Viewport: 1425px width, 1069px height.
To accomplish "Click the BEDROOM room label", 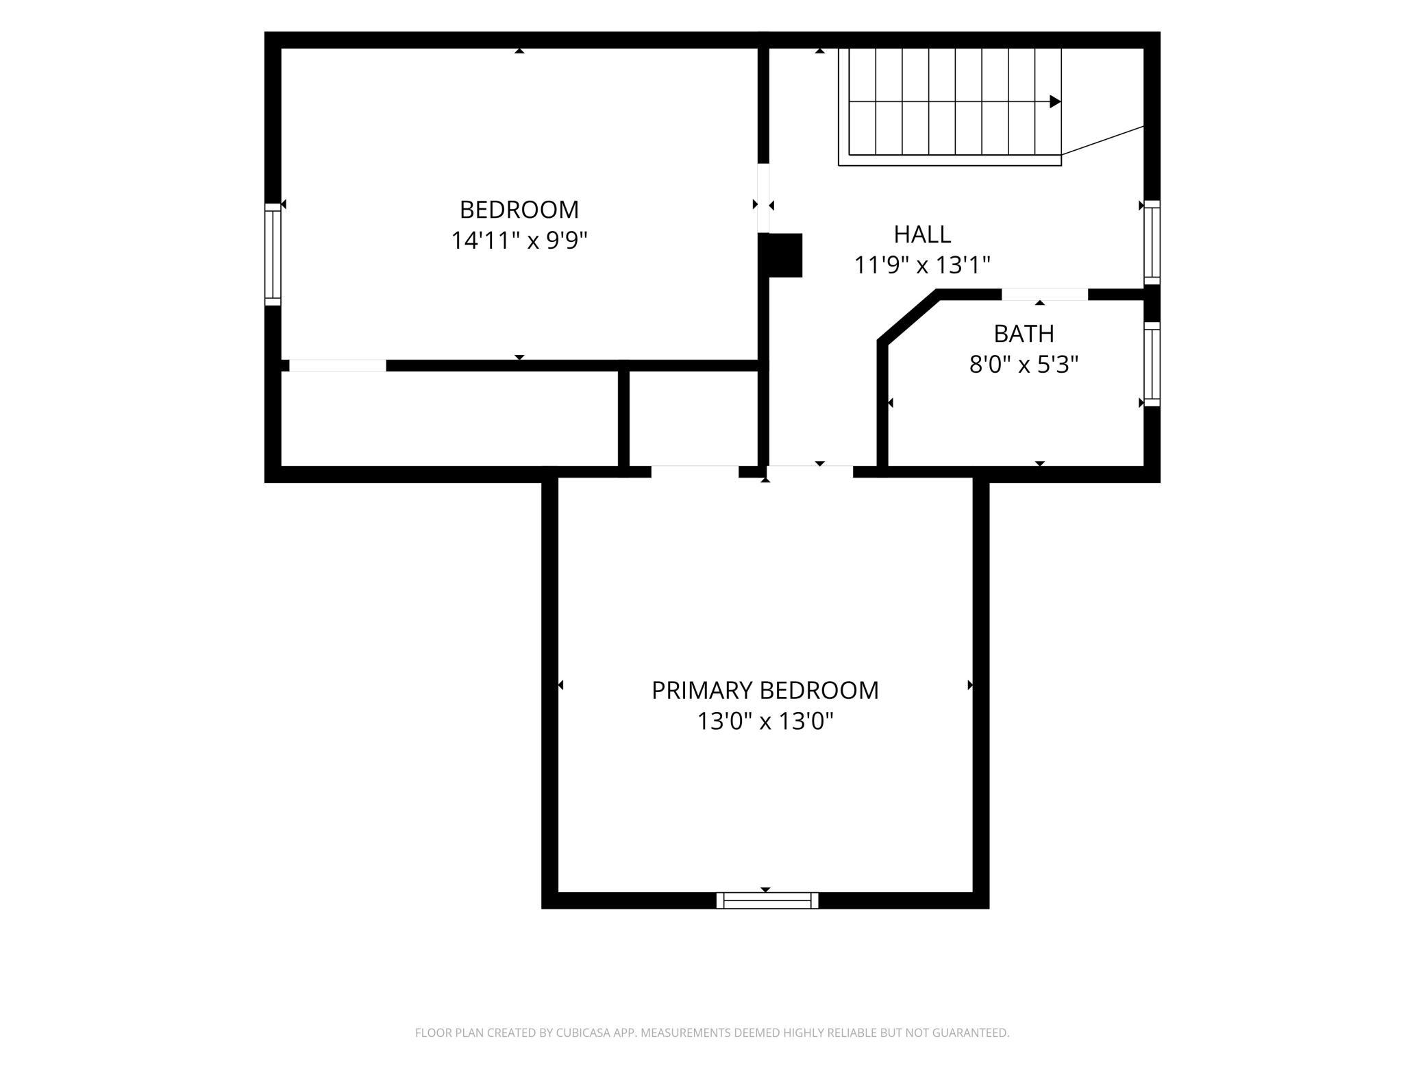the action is coord(519,209).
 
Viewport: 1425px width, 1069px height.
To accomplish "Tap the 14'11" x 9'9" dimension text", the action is coord(519,241).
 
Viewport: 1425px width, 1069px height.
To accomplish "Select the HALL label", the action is coord(922,234).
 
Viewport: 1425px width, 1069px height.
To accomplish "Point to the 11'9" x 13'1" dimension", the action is coord(922,265).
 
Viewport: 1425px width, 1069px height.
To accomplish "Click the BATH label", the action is coord(1024,334).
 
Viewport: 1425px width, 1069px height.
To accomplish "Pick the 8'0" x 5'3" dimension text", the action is coord(1024,365).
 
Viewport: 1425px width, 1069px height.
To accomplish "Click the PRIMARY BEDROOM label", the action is coord(765,690).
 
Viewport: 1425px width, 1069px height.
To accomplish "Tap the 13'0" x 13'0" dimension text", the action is coord(765,721).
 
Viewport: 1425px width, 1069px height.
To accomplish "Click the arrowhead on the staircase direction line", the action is coord(1055,102).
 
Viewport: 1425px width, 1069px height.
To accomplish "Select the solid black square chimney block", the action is coord(785,256).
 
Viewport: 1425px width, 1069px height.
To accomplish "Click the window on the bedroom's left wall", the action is coord(273,254).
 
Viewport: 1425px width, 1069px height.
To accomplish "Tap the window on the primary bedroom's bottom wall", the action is coord(767,900).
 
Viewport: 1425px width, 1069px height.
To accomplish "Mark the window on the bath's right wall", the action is coord(1152,364).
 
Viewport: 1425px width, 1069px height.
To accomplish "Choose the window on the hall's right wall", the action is coord(1152,243).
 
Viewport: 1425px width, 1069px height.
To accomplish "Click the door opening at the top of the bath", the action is coord(1045,295).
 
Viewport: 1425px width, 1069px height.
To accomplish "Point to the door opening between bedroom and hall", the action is coord(763,198).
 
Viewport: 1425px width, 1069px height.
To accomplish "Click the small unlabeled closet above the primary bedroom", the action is coord(693,419).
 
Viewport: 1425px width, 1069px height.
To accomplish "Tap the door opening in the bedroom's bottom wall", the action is coord(338,366).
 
